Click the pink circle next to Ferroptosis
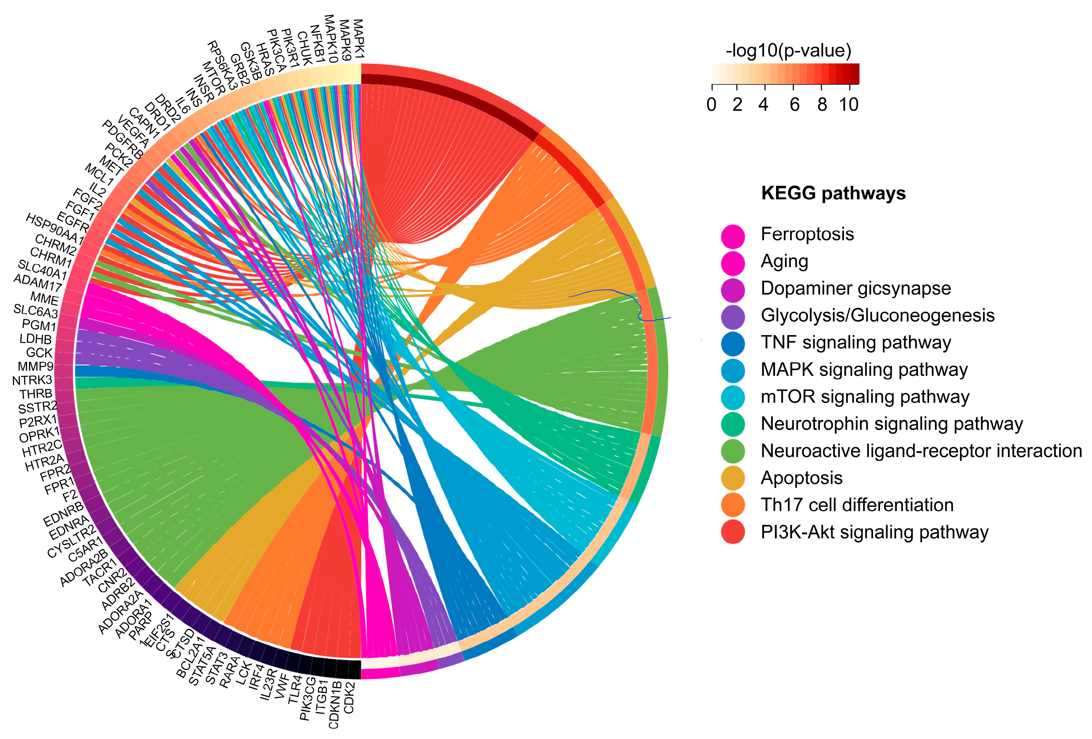[x=733, y=235]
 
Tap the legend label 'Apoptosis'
[x=802, y=478]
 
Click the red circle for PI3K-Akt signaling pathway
[x=733, y=532]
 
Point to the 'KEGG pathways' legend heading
[x=833, y=193]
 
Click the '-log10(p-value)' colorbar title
[x=788, y=50]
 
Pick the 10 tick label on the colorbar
[x=848, y=104]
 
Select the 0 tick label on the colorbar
[x=711, y=104]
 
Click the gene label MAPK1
[x=359, y=38]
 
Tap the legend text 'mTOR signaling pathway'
[x=865, y=397]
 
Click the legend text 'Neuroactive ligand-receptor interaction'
[x=921, y=451]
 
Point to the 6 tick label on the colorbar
[x=794, y=104]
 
